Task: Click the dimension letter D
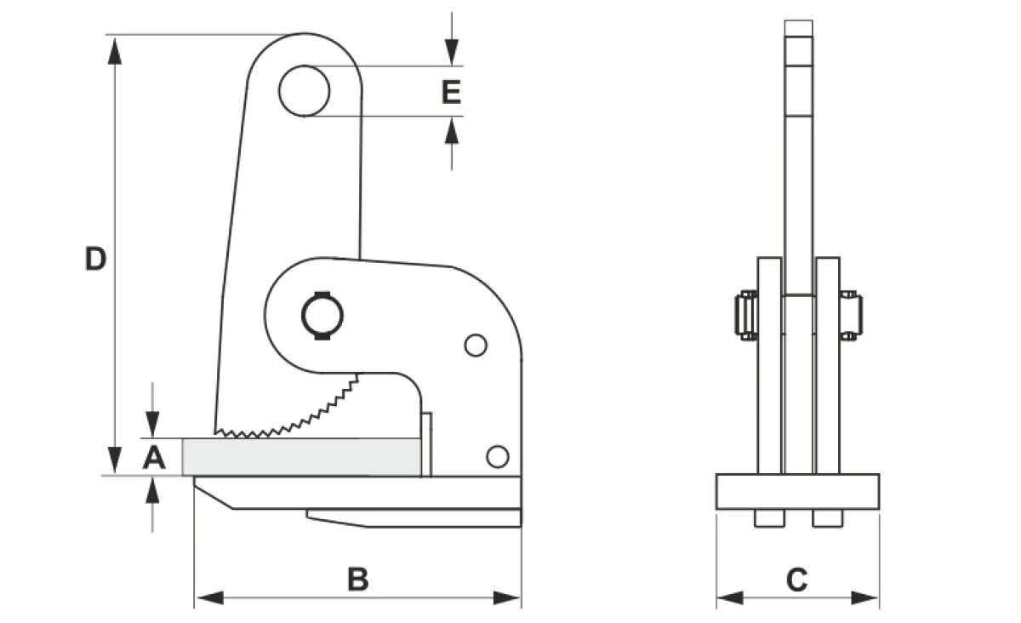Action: pos(95,259)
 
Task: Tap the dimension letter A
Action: pos(154,457)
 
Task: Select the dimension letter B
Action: pos(358,580)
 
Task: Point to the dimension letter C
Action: pos(796,580)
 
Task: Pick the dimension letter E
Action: pos(451,92)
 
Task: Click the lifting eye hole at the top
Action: pos(304,91)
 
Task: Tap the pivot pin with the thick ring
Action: pos(322,316)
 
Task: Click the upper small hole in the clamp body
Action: pos(476,346)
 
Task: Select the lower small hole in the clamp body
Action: pos(498,456)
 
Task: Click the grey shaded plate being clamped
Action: pos(302,457)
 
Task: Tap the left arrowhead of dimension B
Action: pos(209,598)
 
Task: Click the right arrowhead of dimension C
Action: pos(864,598)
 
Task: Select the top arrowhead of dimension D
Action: pos(115,51)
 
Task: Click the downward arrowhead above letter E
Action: pos(452,52)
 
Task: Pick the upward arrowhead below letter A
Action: pos(152,490)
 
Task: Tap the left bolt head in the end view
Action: pos(745,316)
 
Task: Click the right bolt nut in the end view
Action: pos(851,316)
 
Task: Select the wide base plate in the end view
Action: pos(798,492)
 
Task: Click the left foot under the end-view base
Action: pos(769,518)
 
